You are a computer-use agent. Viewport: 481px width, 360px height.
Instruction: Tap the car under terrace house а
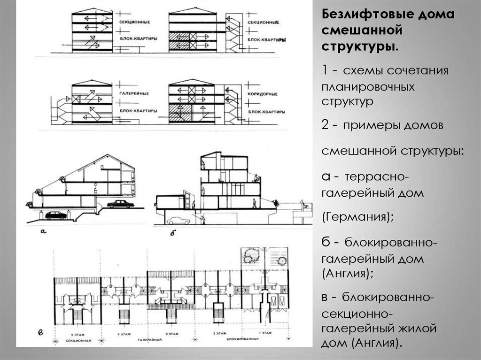click(56, 215)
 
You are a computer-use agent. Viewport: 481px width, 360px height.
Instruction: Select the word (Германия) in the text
click(357, 217)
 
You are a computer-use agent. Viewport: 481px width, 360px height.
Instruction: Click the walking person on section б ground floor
click(254, 203)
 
